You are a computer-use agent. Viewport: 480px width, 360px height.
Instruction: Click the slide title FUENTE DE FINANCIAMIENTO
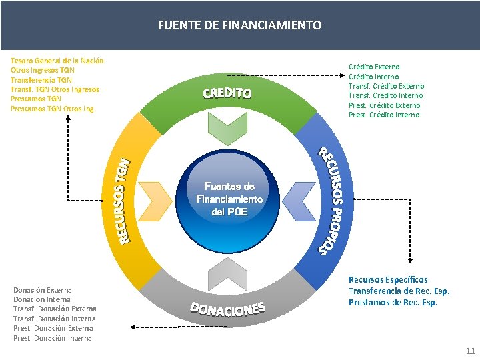239,25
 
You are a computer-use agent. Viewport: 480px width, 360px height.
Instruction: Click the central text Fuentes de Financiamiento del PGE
229,199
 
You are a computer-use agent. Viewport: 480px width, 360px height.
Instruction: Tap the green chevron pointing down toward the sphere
228,129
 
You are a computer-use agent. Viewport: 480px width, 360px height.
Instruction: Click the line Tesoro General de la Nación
57,61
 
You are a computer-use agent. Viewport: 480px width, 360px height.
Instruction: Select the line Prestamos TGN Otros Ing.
53,108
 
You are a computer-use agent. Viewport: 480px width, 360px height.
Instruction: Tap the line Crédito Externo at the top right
374,67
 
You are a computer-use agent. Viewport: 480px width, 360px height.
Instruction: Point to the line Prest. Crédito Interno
384,115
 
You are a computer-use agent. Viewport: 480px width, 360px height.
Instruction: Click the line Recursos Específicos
388,280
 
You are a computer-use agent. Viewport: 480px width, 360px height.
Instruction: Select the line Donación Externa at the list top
43,290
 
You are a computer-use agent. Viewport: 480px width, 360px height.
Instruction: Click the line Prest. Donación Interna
53,338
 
